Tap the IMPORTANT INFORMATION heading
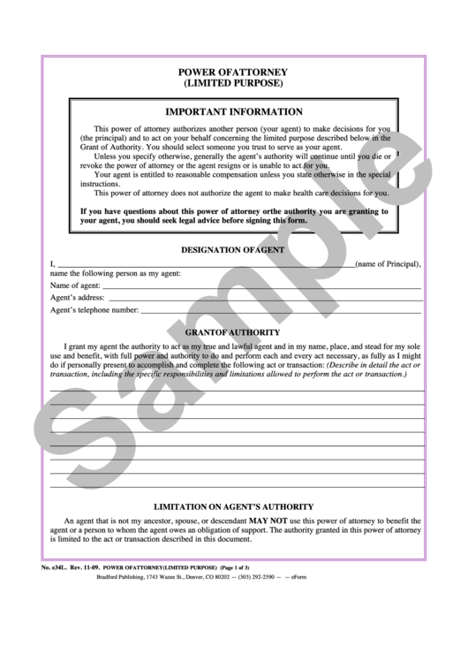pos(234,112)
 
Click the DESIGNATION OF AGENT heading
pos(233,250)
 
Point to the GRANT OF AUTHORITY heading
pos(233,331)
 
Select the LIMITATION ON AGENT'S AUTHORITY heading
pos(234,507)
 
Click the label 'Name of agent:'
pos(75,286)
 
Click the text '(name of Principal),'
pos(389,263)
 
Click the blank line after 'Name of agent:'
pos(261,288)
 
